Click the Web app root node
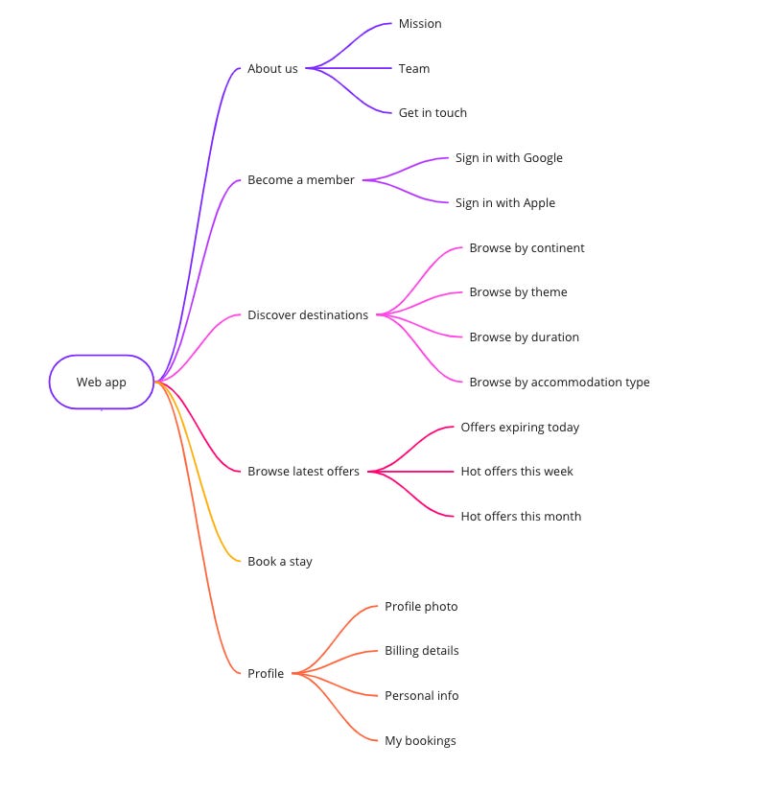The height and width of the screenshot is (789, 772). click(x=102, y=383)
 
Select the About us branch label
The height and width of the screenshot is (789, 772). click(x=272, y=69)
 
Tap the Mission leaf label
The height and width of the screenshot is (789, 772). click(x=420, y=24)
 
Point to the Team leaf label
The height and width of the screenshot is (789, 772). click(x=414, y=69)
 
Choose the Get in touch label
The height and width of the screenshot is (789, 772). click(x=433, y=113)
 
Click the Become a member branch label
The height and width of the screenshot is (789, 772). click(x=301, y=180)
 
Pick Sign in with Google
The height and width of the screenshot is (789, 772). click(x=508, y=158)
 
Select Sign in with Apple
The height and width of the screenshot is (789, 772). click(x=504, y=203)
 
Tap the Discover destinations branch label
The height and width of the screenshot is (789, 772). click(x=308, y=315)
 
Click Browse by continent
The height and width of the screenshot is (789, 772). click(x=526, y=248)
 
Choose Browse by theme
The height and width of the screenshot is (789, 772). click(x=518, y=292)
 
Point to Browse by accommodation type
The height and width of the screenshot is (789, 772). click(x=559, y=383)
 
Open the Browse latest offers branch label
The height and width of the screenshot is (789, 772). click(x=303, y=472)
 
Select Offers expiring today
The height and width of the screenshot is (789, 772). click(x=520, y=428)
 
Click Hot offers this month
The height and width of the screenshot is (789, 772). click(x=521, y=517)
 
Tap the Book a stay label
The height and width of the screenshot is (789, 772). click(x=280, y=562)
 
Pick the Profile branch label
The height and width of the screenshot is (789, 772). click(x=266, y=674)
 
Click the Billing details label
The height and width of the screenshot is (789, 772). click(x=422, y=651)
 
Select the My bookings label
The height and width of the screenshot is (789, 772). click(x=420, y=741)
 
